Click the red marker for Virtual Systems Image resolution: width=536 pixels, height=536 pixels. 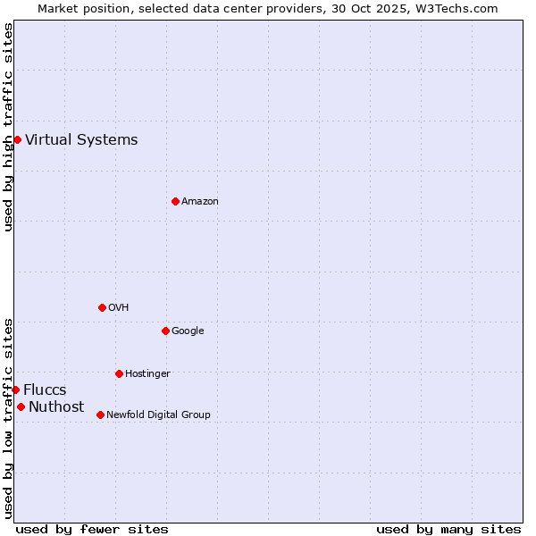pyautogui.click(x=17, y=139)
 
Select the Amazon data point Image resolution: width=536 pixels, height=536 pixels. pyautogui.click(x=175, y=201)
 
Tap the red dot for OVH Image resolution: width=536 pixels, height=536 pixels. pyautogui.click(x=102, y=307)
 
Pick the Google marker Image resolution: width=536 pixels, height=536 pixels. pyautogui.click(x=165, y=331)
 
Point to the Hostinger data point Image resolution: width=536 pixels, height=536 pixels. pyautogui.click(x=119, y=373)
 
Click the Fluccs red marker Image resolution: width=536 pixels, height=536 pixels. pyautogui.click(x=15, y=389)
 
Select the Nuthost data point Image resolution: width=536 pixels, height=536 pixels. pyautogui.click(x=21, y=406)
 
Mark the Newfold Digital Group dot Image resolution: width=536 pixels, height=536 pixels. pyautogui.click(x=100, y=415)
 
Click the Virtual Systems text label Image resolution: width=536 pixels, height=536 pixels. pyautogui.click(x=81, y=139)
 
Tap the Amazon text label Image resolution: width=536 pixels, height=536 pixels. pyautogui.click(x=200, y=201)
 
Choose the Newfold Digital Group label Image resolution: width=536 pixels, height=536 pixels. pyautogui.click(x=158, y=415)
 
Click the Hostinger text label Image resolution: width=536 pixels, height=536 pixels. pyautogui.click(x=147, y=373)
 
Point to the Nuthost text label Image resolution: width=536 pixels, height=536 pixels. pyautogui.click(x=56, y=407)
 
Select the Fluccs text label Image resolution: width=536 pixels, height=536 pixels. pyautogui.click(x=45, y=390)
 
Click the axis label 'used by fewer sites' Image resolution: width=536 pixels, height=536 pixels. pyautogui.click(x=92, y=529)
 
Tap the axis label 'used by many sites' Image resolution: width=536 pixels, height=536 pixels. pyautogui.click(x=448, y=529)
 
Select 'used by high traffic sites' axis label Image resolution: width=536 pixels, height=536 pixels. pyautogui.click(x=8, y=127)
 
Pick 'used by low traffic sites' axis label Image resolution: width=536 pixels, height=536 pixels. pyautogui.click(x=8, y=418)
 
